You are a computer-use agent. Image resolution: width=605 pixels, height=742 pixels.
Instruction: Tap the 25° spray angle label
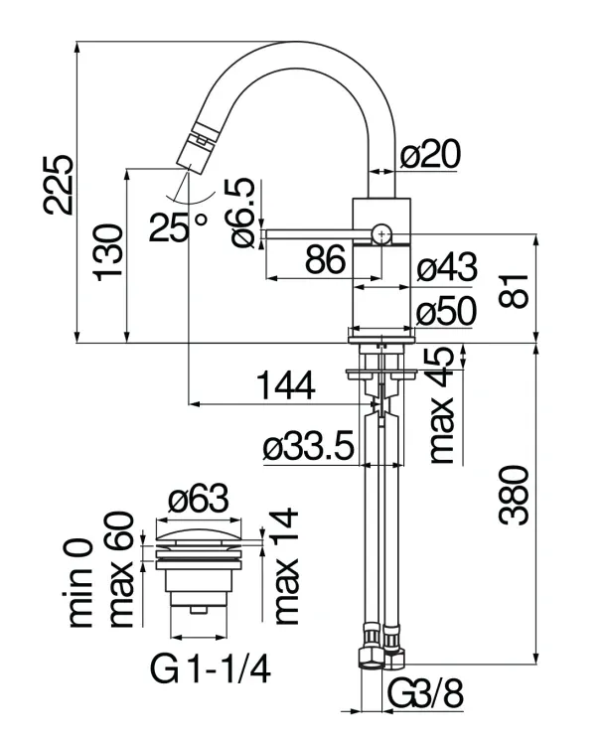click(x=178, y=227)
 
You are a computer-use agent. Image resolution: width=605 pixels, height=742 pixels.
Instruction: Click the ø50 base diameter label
click(x=447, y=311)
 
